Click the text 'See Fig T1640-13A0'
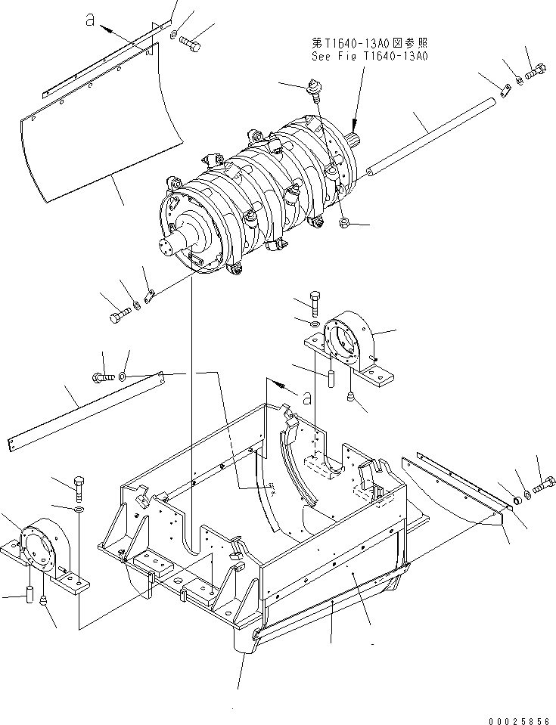(369, 56)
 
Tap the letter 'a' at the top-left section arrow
(90, 23)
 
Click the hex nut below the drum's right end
(343, 224)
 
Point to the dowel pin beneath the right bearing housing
(330, 376)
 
